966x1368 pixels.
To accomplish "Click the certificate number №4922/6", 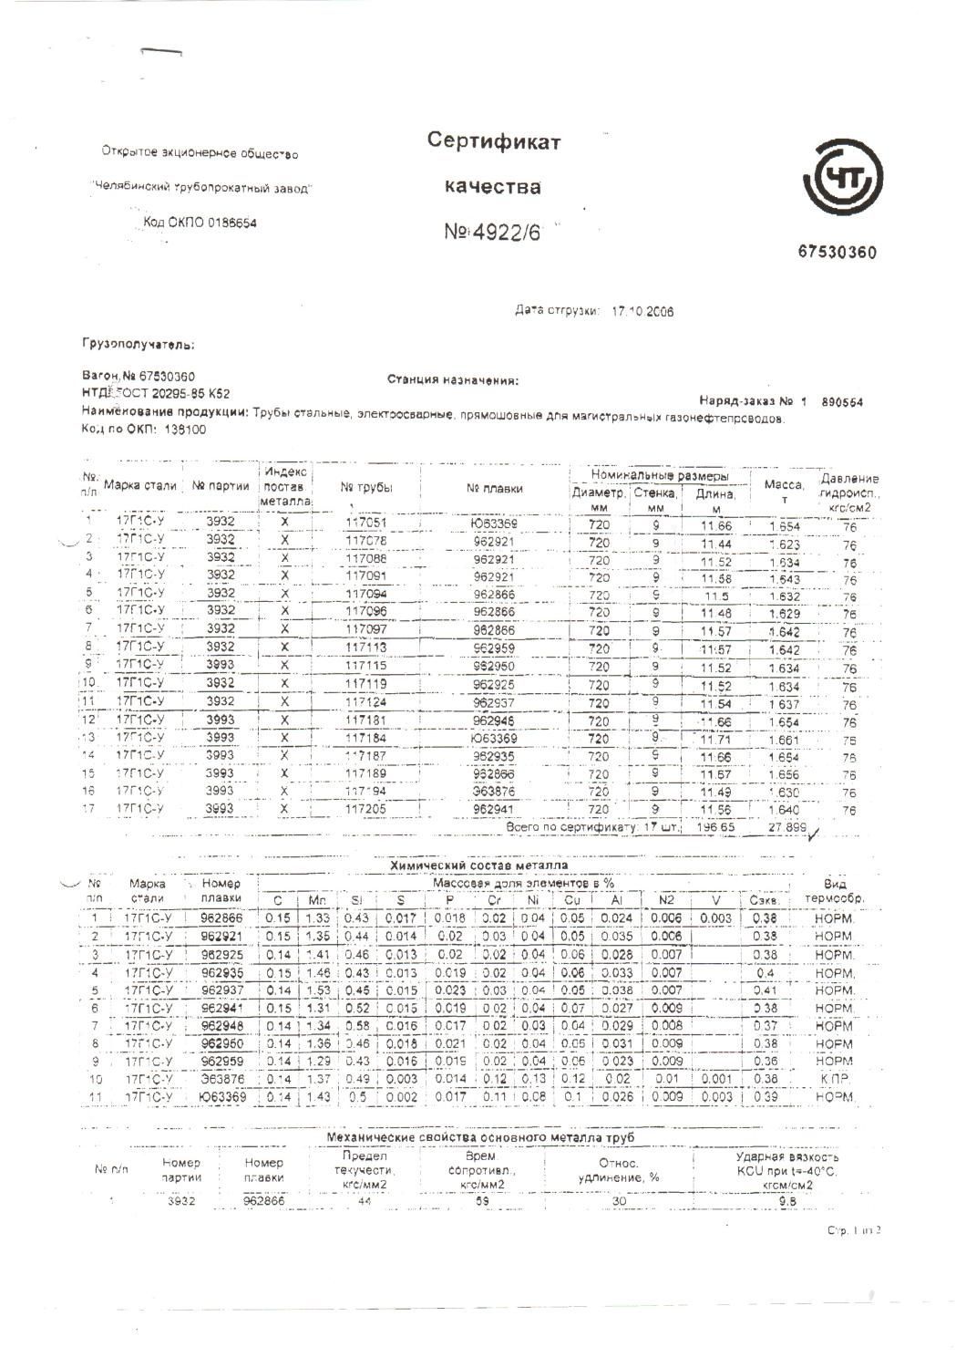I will (x=492, y=233).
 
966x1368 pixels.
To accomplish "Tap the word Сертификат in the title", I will (x=494, y=141).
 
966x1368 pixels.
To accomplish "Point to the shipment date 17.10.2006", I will (x=642, y=311).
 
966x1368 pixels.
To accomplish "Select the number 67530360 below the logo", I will (x=837, y=252).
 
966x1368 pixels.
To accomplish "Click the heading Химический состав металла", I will (x=478, y=865).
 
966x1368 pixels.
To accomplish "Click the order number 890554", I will (x=842, y=401).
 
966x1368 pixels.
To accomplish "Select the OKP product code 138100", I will (x=185, y=430).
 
